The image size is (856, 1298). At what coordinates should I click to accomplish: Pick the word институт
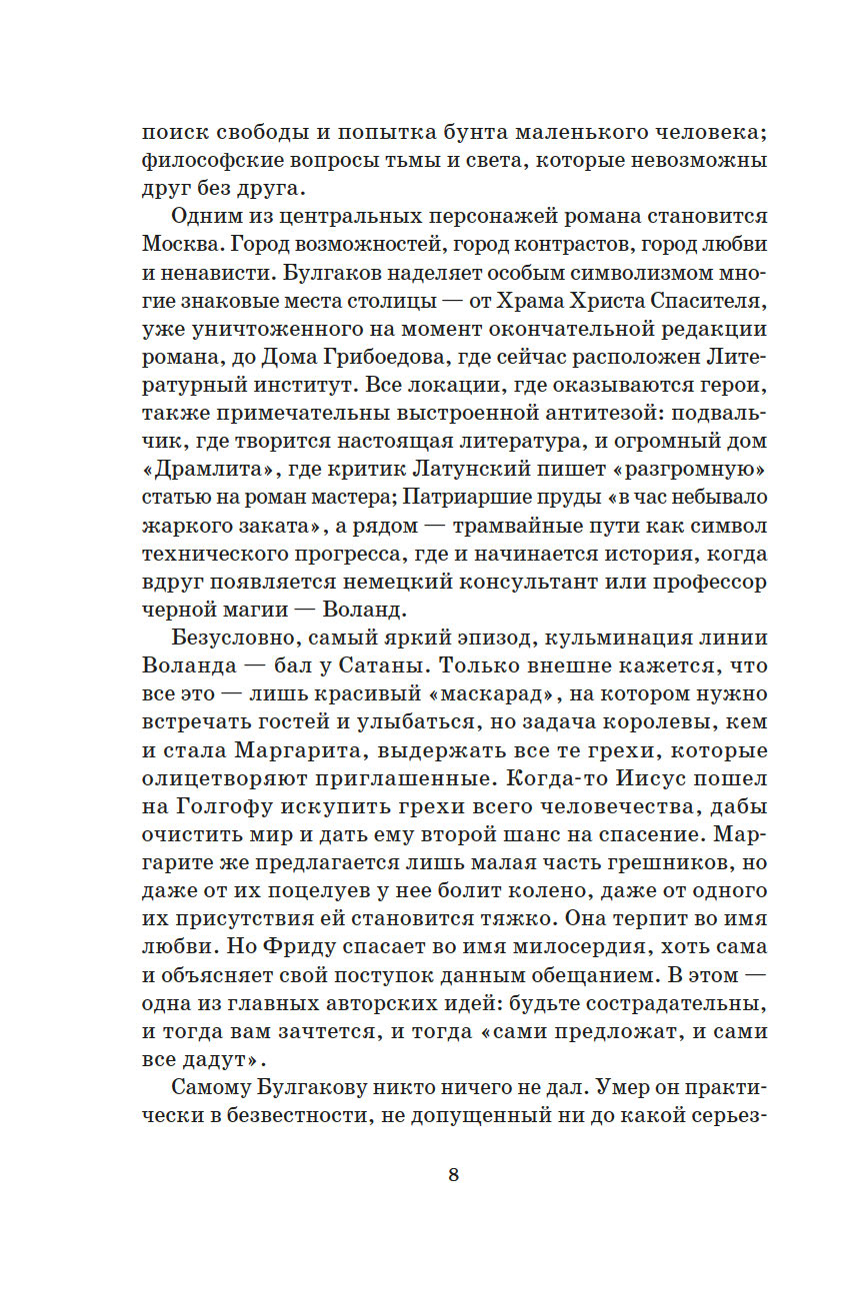(280, 385)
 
